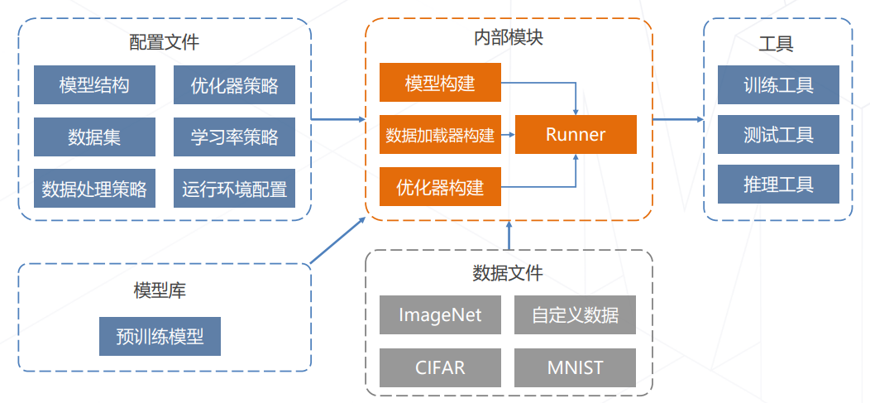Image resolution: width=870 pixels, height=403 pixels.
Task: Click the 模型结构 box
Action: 94,84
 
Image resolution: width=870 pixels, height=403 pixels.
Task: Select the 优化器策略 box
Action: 234,84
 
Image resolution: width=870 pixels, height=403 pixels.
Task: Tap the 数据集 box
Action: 94,137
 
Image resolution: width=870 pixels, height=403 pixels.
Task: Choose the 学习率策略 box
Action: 234,137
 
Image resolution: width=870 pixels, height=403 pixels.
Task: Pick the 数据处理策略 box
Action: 94,189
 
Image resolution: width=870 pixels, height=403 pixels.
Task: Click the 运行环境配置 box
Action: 234,189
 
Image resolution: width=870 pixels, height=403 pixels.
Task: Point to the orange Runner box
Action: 576,134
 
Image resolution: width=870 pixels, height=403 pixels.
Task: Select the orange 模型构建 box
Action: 440,83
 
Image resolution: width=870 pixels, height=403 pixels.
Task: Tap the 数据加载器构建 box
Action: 440,134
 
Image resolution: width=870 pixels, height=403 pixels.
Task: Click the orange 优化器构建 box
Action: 440,186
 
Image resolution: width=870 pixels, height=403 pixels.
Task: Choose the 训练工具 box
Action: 778,84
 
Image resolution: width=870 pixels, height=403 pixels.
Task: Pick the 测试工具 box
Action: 778,134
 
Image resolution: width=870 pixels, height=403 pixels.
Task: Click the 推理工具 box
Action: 778,184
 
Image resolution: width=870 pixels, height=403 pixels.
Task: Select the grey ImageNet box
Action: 440,314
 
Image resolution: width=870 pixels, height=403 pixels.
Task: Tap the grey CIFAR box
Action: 440,367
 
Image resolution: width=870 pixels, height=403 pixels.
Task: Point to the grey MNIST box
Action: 576,367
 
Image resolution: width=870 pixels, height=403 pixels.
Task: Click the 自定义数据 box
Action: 576,314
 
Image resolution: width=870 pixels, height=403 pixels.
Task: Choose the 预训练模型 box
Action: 160,336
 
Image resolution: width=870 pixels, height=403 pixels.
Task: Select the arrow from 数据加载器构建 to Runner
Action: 508,134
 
